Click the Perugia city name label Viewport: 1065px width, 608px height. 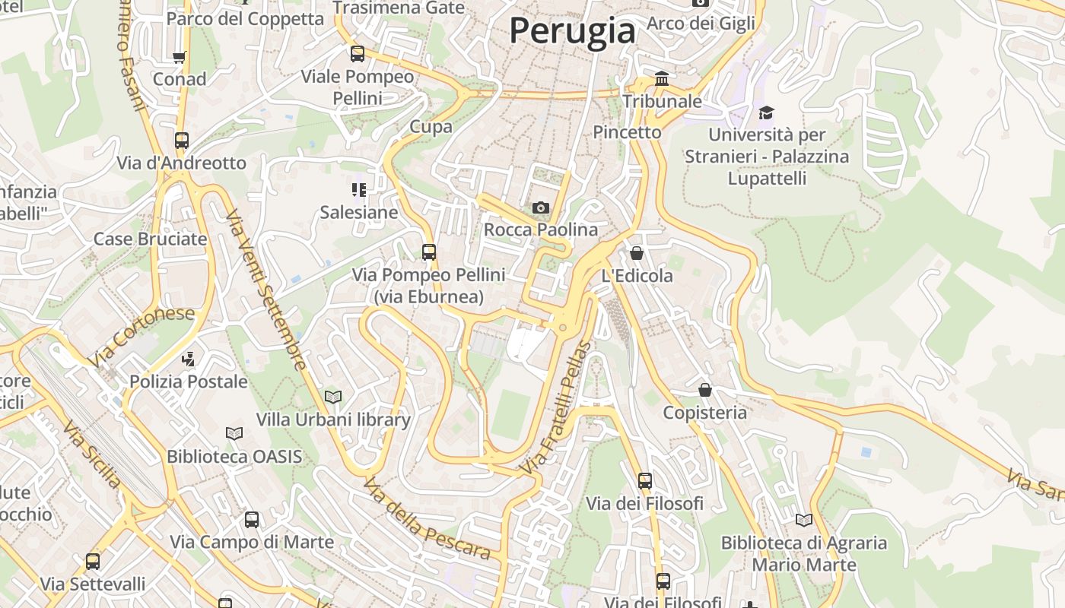pyautogui.click(x=572, y=31)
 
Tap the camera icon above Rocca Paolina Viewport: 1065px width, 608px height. pyautogui.click(x=541, y=207)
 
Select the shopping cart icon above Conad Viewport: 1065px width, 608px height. pyautogui.click(x=180, y=57)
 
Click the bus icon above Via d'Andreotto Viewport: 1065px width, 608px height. pyautogui.click(x=181, y=141)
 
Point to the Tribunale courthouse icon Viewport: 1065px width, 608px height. pyautogui.click(x=662, y=79)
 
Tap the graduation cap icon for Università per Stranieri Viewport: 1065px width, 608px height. pyautogui.click(x=766, y=113)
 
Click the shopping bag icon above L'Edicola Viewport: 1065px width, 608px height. pyautogui.click(x=637, y=253)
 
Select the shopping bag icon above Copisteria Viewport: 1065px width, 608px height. pyautogui.click(x=705, y=390)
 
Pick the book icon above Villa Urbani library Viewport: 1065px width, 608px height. pyautogui.click(x=333, y=397)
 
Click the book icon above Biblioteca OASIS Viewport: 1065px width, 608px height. pyautogui.click(x=234, y=434)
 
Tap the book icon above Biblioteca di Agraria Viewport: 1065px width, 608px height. pyautogui.click(x=804, y=521)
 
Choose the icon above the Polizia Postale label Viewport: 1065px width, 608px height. pyautogui.click(x=189, y=359)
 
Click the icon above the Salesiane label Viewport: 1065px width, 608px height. pyautogui.click(x=359, y=189)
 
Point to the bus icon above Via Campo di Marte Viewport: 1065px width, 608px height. pyautogui.click(x=252, y=520)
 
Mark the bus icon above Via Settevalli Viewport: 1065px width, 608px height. pyautogui.click(x=93, y=562)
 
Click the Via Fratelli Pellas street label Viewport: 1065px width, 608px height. pyautogui.click(x=555, y=408)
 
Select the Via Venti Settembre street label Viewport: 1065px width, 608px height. pyautogui.click(x=266, y=289)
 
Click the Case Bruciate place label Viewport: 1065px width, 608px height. pyautogui.click(x=150, y=239)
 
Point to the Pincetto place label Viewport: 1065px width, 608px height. pyautogui.click(x=627, y=132)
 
